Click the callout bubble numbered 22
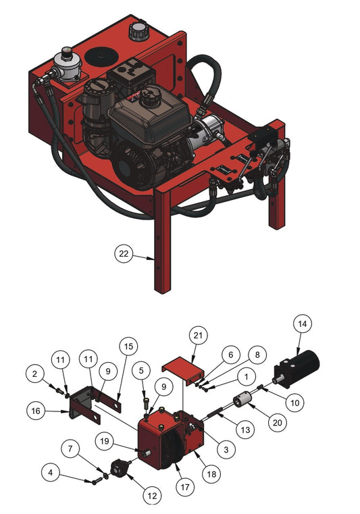pos(124,254)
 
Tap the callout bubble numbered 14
pos(302,324)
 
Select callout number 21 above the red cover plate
pos(198,335)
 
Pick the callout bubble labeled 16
pos(36,411)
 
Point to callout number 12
pos(152,496)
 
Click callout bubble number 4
pos(51,473)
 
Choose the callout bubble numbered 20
pos(278,423)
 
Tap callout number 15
pos(128,346)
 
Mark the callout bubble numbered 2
pos(35,374)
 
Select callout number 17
pos(185,488)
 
